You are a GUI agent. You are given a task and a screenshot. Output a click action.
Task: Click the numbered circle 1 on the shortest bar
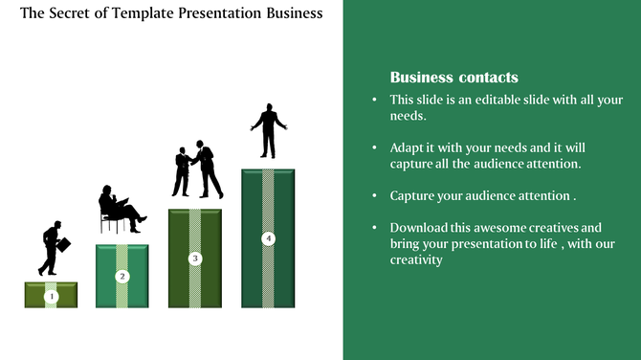52,297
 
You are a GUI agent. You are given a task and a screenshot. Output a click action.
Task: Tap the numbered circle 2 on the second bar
122,277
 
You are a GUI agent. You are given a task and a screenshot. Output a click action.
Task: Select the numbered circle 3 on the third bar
195,258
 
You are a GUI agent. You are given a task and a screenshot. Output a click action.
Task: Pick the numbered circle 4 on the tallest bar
268,237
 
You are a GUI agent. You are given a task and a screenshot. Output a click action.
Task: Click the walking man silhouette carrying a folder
54,248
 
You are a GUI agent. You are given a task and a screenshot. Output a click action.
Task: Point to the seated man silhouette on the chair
120,209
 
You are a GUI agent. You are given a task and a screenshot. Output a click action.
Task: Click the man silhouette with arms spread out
268,130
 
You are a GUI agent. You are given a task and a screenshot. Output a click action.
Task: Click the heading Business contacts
454,78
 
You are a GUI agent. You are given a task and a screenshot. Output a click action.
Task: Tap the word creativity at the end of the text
416,259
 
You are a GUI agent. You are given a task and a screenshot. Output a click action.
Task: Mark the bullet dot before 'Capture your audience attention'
374,196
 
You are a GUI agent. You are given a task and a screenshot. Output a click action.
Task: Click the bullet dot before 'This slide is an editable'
374,101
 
